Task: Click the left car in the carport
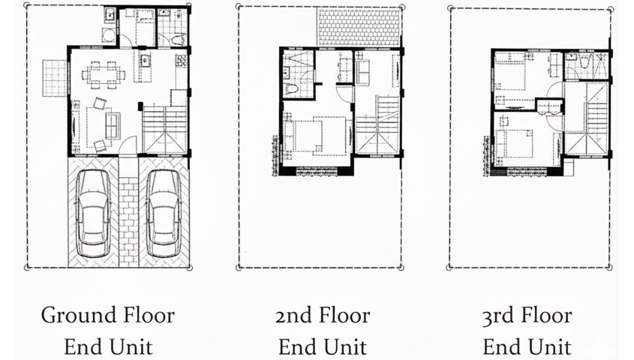[x=93, y=213]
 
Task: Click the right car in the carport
[x=163, y=213]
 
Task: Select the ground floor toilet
[x=178, y=40]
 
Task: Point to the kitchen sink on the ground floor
[x=145, y=61]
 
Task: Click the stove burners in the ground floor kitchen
[x=181, y=61]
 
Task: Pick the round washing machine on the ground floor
[x=109, y=36]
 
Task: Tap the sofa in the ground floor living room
[x=113, y=126]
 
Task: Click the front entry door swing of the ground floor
[x=129, y=145]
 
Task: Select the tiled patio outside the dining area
[x=55, y=78]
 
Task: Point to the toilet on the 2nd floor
[x=292, y=89]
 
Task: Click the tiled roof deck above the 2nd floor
[x=359, y=28]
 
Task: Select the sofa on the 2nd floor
[x=362, y=72]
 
